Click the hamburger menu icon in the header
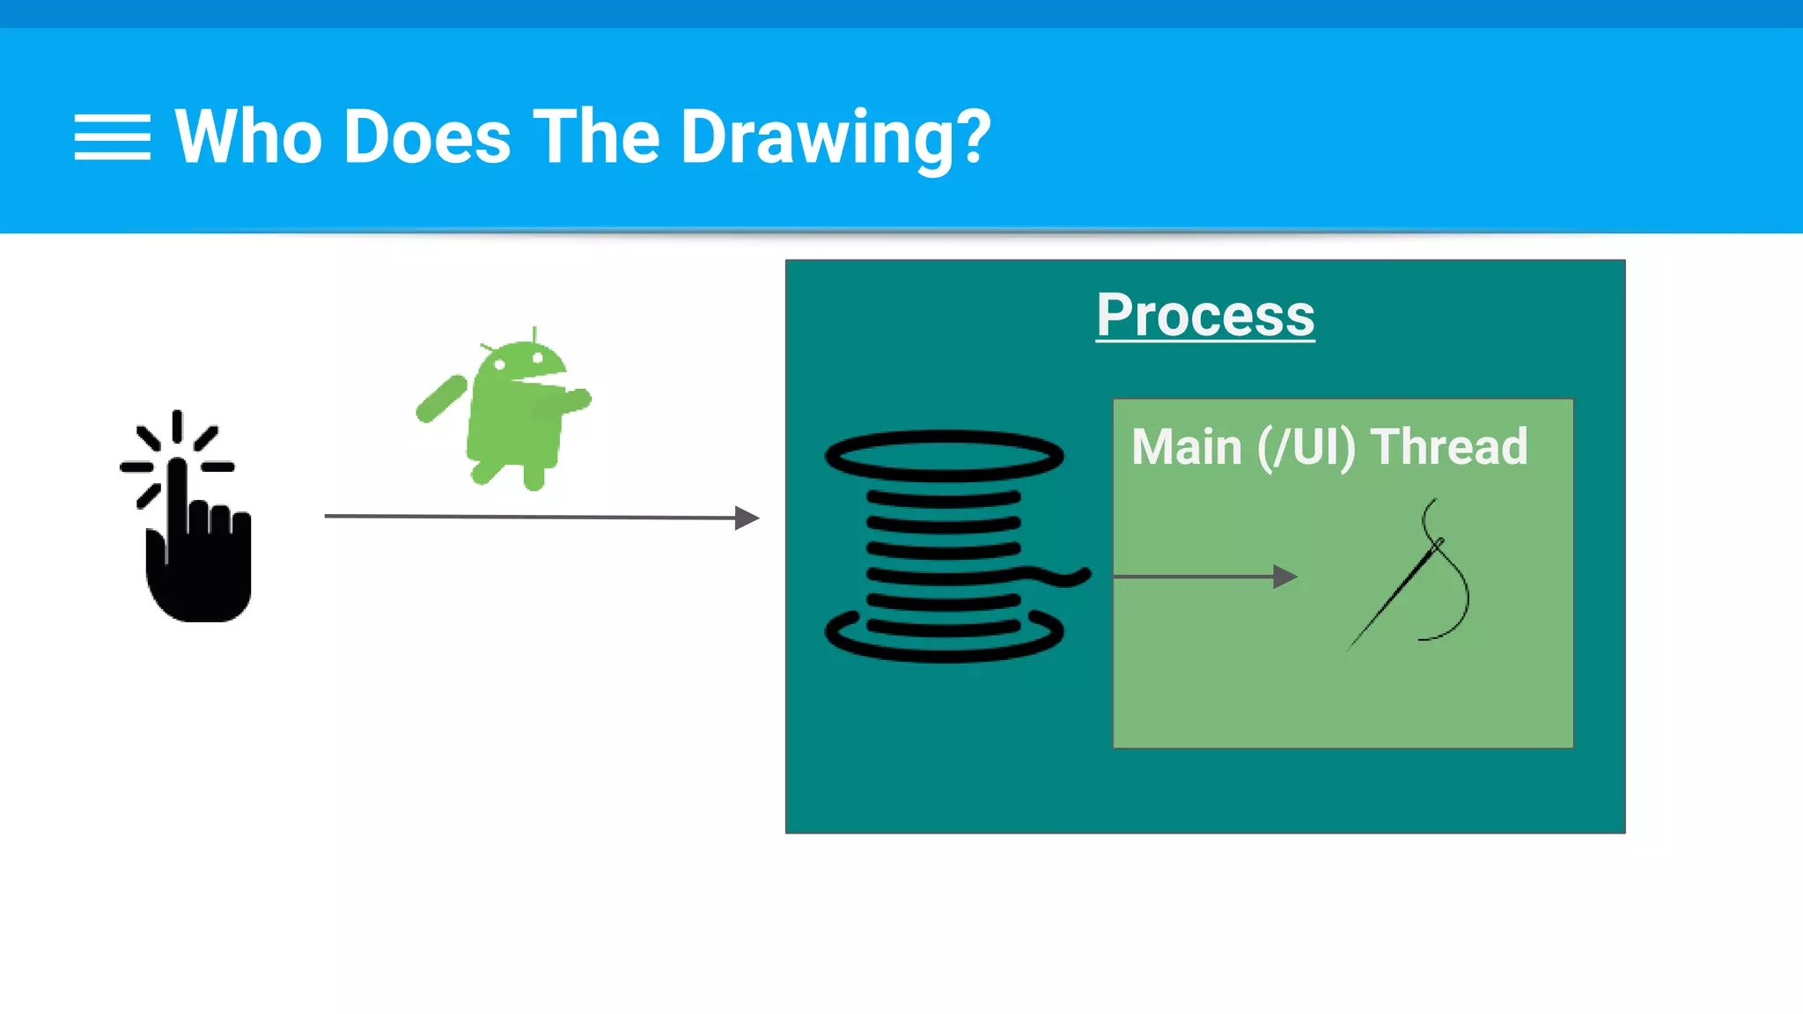pos(112,137)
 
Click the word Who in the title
pos(249,137)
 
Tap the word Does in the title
pos(428,137)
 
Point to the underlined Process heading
pos(1205,315)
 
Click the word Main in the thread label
pos(1186,447)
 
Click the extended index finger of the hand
pos(178,493)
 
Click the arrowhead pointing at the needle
pos(1285,577)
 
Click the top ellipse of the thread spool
pos(944,455)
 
